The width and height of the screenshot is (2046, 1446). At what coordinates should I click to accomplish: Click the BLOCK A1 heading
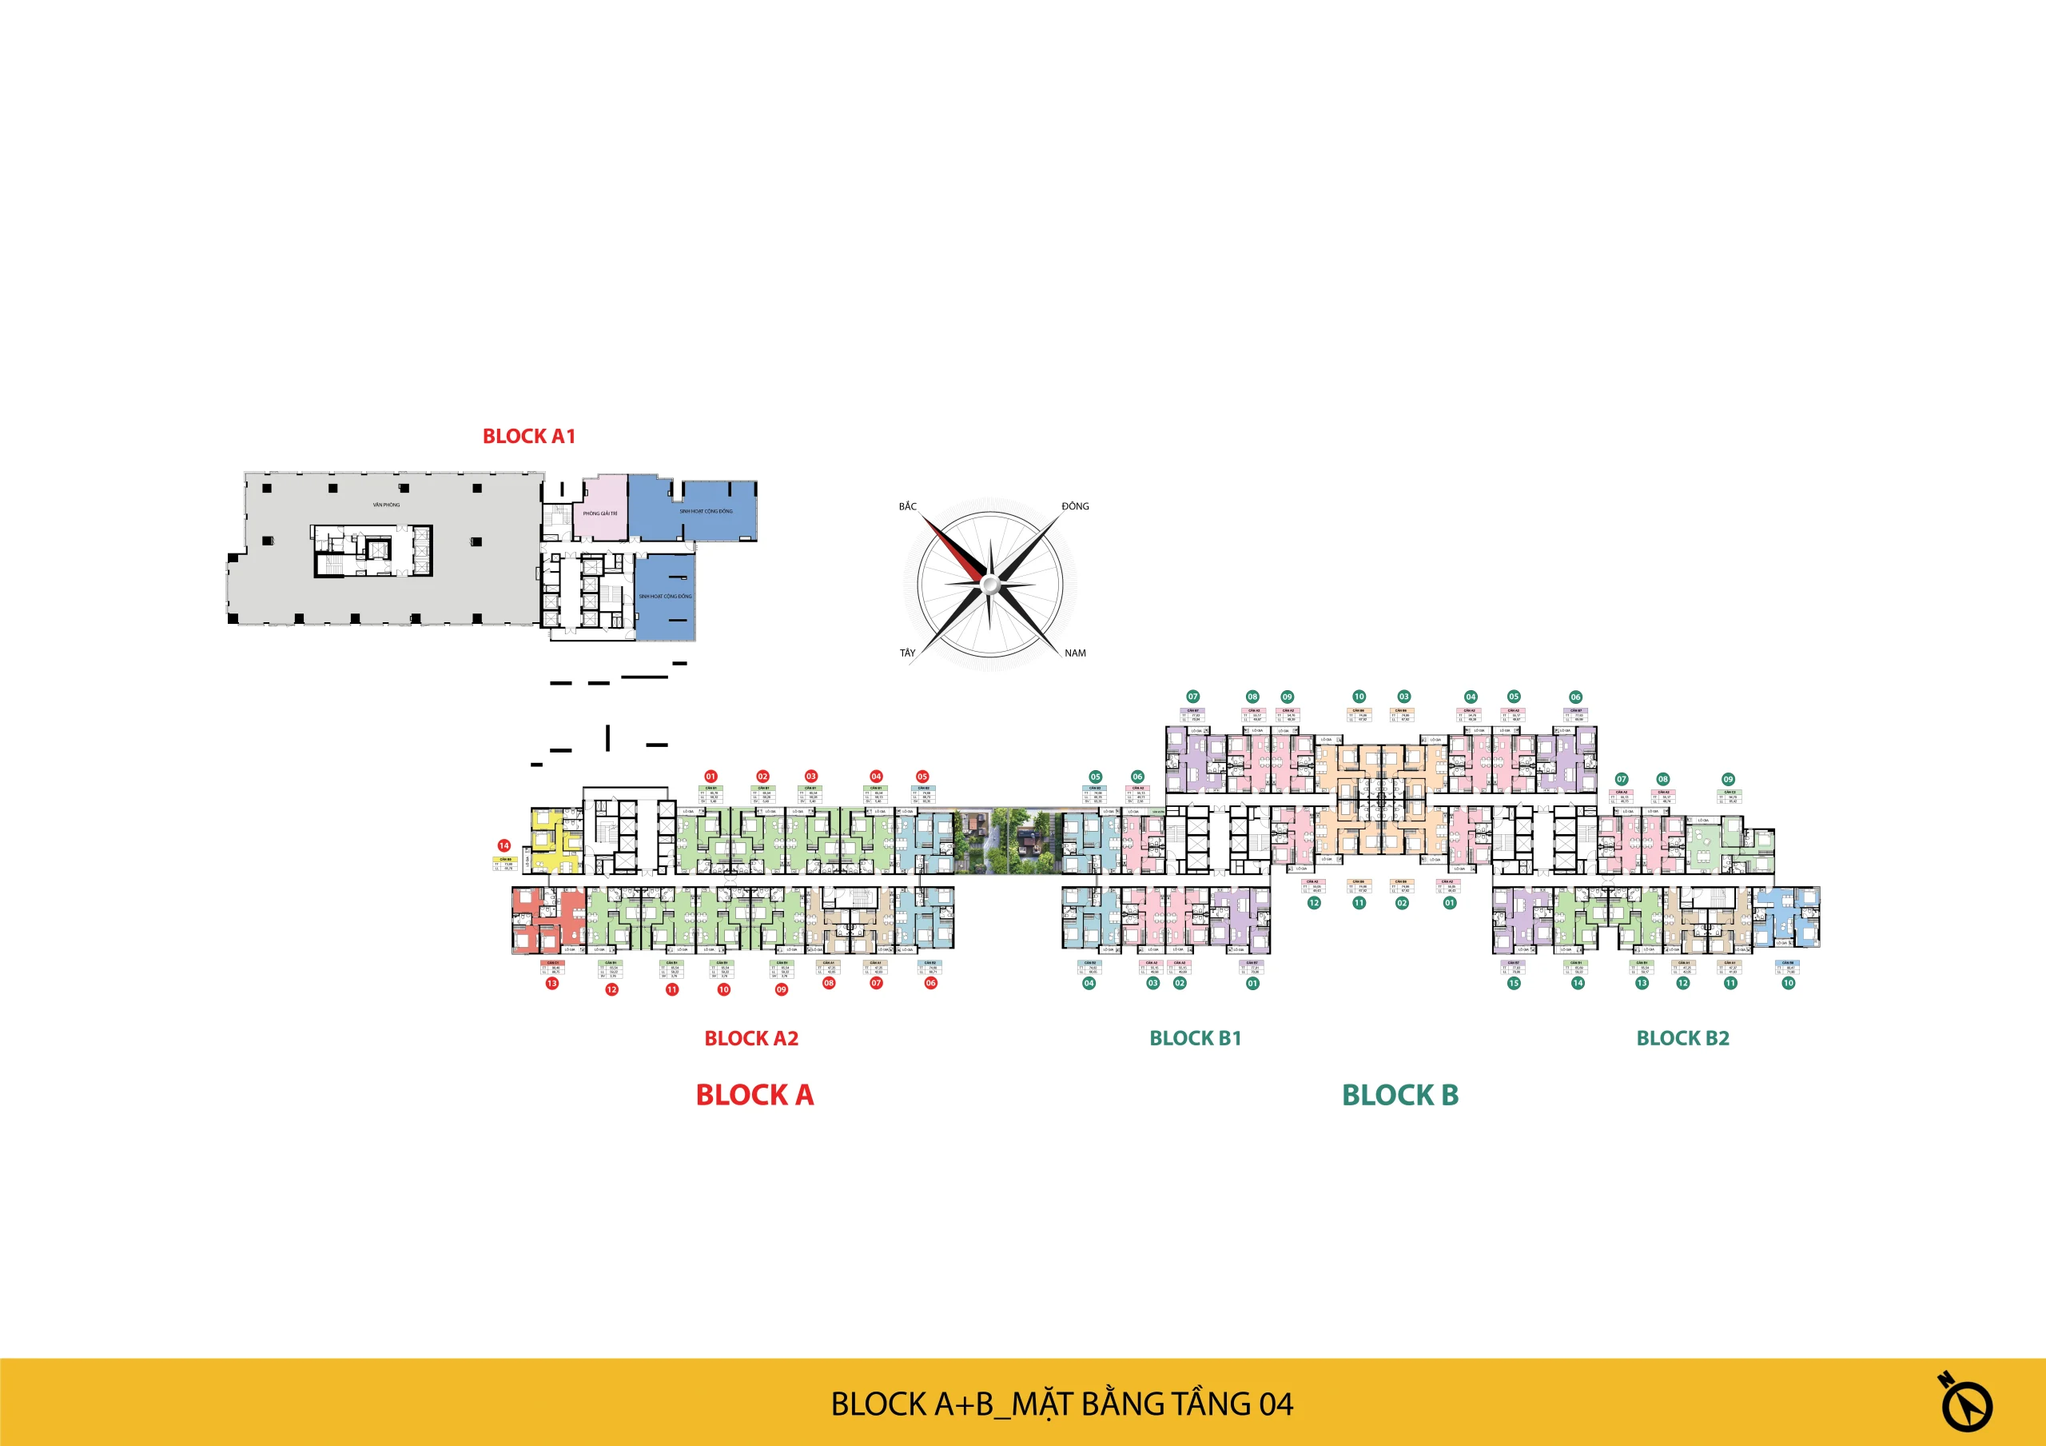click(528, 436)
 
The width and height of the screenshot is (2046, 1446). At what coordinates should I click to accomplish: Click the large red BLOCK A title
click(754, 1095)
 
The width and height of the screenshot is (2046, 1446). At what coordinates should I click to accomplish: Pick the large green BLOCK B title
click(1400, 1095)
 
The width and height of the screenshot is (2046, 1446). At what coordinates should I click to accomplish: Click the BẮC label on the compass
click(907, 506)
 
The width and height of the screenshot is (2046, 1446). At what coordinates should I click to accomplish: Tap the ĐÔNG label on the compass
click(1075, 506)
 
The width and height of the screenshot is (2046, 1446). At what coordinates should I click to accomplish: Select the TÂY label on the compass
click(907, 653)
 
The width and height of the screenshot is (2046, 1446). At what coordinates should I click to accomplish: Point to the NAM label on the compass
click(1075, 653)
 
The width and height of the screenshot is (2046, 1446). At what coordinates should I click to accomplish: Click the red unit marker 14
click(504, 845)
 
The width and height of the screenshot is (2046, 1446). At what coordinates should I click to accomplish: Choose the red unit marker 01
click(711, 777)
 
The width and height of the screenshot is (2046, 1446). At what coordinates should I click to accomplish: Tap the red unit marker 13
click(552, 983)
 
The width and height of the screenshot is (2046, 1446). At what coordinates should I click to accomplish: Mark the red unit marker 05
click(922, 777)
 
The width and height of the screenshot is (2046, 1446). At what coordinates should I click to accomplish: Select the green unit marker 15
click(1514, 983)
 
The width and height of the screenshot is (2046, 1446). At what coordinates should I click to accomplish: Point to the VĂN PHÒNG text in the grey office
click(386, 505)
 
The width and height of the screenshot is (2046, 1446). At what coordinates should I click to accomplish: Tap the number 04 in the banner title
click(1276, 1404)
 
